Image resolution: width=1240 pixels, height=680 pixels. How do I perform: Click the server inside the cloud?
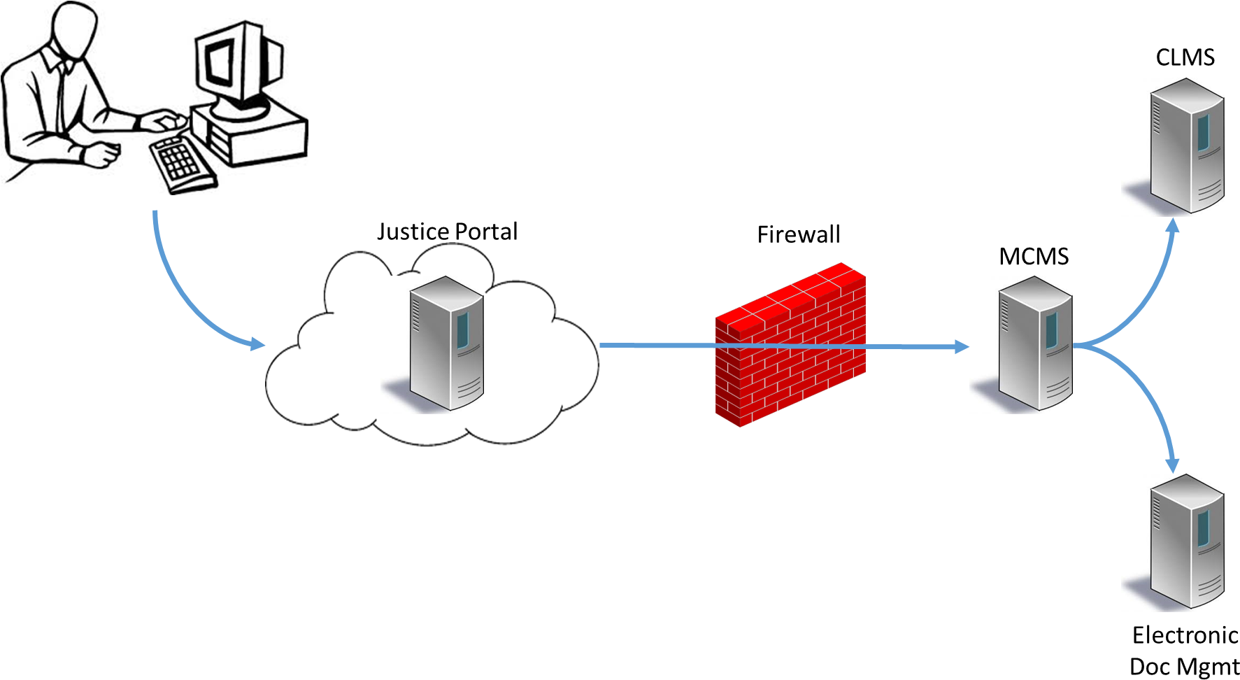click(x=446, y=343)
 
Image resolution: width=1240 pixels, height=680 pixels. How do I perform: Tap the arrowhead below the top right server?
click(x=1174, y=225)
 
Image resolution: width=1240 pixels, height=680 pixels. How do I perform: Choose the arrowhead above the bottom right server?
click(x=1173, y=465)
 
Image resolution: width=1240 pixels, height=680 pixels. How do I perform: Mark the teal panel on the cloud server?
click(x=462, y=330)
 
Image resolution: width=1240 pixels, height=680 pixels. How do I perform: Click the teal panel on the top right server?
click(x=1203, y=133)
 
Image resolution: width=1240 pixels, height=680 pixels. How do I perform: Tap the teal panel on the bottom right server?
click(x=1203, y=529)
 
